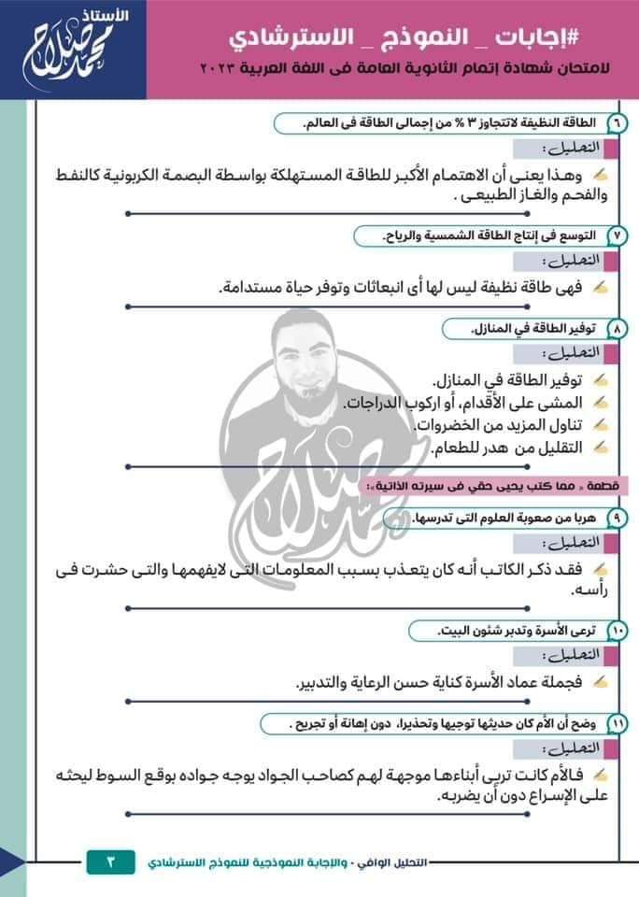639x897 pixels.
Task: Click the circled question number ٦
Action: pyautogui.click(x=618, y=123)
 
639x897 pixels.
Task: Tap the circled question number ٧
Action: pyautogui.click(x=618, y=235)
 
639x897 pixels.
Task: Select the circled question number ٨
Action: pyautogui.click(x=618, y=329)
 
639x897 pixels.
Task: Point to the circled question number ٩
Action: pyautogui.click(x=618, y=517)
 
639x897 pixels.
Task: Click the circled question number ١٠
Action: pyautogui.click(x=618, y=632)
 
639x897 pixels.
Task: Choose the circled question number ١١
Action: pyautogui.click(x=618, y=724)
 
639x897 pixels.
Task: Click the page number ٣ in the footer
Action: pyautogui.click(x=110, y=861)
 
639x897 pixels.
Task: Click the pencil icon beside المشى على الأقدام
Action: pyautogui.click(x=602, y=403)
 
